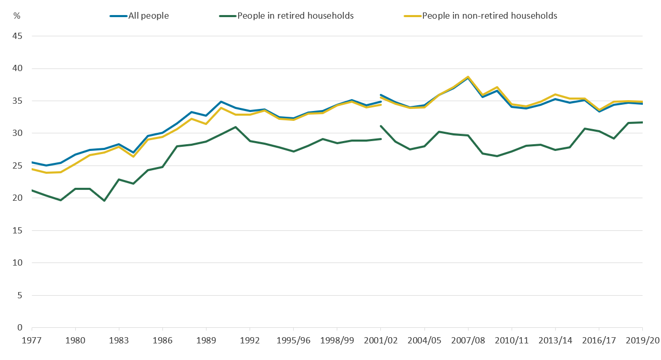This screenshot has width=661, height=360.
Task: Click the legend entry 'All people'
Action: [x=148, y=16]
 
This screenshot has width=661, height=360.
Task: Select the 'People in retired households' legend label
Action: [x=295, y=16]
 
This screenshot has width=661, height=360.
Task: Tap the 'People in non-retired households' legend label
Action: [x=489, y=16]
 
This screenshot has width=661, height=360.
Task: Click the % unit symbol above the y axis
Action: [x=17, y=16]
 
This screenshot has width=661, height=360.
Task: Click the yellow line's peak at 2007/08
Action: [x=468, y=77]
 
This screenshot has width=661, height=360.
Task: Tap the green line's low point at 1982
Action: [x=105, y=200]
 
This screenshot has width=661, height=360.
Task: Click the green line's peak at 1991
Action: [x=236, y=127]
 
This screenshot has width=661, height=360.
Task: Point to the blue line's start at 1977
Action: [x=32, y=162]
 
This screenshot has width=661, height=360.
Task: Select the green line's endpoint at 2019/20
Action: [x=642, y=122]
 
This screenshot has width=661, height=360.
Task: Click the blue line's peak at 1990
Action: [x=221, y=102]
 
